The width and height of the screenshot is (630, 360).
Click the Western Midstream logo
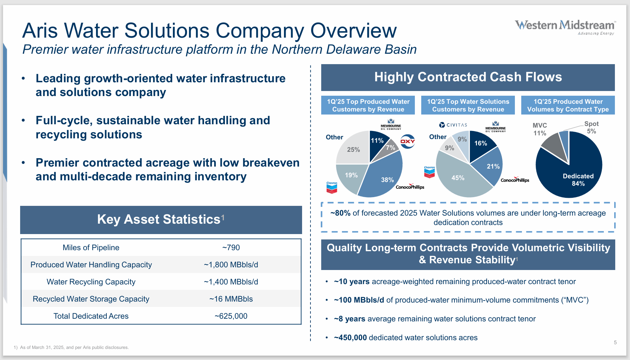[565, 27]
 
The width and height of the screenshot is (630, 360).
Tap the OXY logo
[407, 141]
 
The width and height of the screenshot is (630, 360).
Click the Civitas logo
[453, 125]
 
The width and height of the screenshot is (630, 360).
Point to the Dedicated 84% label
[578, 180]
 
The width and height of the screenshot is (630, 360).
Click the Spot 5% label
[591, 128]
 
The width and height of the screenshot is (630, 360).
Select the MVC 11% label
[540, 129]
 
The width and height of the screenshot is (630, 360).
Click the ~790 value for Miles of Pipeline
[231, 248]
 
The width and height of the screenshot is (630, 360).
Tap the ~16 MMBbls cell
[231, 299]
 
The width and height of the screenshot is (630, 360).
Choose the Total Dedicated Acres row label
[91, 316]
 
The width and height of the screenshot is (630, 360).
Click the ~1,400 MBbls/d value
[231, 282]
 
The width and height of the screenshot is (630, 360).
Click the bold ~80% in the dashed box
[340, 213]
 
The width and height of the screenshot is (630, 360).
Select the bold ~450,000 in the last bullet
[350, 337]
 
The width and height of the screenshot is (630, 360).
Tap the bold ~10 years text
[351, 281]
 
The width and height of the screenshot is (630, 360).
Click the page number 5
[615, 343]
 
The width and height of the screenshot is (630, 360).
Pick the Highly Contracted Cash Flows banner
[468, 77]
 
